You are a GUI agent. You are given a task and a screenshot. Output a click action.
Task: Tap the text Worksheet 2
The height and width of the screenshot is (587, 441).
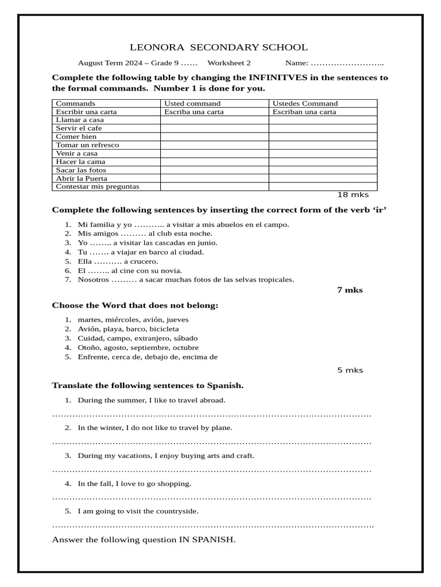(229, 63)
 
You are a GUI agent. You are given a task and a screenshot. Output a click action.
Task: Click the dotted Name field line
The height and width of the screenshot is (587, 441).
(347, 63)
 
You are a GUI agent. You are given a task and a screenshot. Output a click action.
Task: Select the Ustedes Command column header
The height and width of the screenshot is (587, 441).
(305, 104)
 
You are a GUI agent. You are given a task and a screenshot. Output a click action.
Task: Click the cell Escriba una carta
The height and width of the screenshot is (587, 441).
(194, 112)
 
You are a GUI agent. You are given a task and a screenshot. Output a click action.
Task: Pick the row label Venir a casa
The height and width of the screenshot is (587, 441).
(76, 154)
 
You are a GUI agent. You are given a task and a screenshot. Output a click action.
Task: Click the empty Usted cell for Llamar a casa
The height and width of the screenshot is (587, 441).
(214, 120)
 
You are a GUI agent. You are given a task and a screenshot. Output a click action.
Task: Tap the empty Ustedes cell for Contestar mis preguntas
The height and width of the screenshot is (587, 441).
(323, 186)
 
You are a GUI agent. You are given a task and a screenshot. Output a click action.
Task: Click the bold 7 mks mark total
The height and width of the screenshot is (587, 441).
(350, 290)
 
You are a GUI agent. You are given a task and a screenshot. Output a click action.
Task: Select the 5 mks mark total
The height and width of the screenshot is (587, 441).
(350, 370)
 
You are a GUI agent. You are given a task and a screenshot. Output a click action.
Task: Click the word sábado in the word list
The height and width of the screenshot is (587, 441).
(185, 338)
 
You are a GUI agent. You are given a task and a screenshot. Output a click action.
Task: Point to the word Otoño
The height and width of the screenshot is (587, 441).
(89, 347)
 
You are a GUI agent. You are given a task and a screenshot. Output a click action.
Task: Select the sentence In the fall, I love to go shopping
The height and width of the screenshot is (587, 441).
(134, 484)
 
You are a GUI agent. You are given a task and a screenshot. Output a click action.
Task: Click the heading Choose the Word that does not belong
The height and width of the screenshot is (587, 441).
(135, 306)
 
